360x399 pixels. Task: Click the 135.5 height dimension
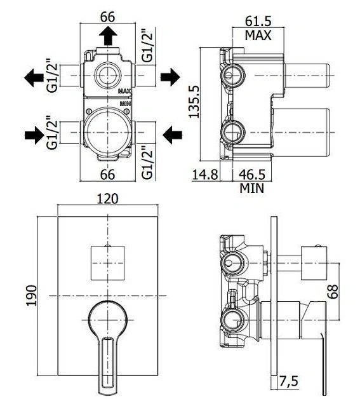tap(194, 102)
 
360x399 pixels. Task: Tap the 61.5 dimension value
tap(258, 22)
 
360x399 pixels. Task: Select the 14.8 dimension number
tap(205, 175)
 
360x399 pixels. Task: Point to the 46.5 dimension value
tap(251, 175)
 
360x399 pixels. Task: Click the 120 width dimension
tap(108, 199)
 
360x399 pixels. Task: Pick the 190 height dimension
tap(32, 295)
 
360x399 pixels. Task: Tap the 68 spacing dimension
tap(333, 292)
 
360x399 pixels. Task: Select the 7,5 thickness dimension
tap(289, 381)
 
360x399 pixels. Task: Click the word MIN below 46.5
tap(251, 188)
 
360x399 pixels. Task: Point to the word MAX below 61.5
tap(258, 36)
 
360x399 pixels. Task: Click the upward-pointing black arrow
tap(108, 36)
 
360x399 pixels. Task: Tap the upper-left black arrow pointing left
tap(34, 78)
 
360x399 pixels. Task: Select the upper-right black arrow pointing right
tap(170, 77)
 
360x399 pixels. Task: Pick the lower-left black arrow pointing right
tap(34, 135)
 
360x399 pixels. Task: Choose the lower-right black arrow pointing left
tap(172, 135)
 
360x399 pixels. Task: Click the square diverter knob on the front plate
tap(108, 263)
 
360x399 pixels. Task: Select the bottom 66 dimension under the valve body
tap(107, 175)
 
